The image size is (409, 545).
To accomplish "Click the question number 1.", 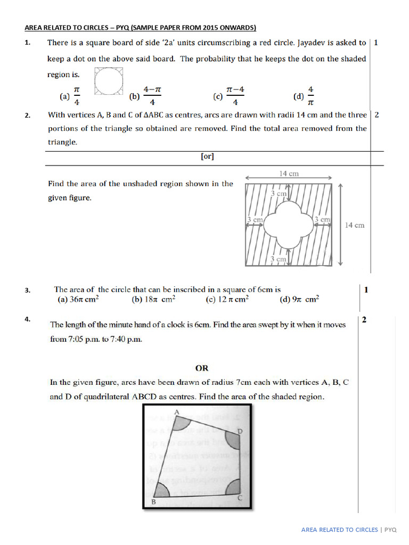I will tap(27, 43).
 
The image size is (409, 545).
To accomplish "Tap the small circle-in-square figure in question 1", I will tap(109, 81).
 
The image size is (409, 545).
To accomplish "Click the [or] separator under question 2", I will tap(208, 157).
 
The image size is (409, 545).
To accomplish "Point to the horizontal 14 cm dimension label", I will tap(289, 174).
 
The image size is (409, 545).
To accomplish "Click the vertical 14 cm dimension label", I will tap(355, 225).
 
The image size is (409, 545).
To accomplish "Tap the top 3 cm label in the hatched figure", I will tap(279, 194).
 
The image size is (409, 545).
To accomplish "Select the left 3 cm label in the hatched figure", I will tap(255, 219).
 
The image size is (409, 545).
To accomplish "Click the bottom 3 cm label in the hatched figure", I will tap(279, 259).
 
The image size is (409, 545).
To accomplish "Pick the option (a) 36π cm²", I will tap(78, 299).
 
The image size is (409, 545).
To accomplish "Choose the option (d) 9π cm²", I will tap(299, 299).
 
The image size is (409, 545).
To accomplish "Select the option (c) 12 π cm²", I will tap(227, 299).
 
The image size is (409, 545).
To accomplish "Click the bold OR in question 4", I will tap(202, 368).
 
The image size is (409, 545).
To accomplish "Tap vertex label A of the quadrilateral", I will tap(177, 411).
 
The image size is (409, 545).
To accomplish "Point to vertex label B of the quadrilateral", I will tap(154, 502).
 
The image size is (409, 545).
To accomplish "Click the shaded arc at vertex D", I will tap(233, 440).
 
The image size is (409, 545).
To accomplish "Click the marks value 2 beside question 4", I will tap(364, 320).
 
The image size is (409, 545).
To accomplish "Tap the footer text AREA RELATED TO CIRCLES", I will tap(339, 530).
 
